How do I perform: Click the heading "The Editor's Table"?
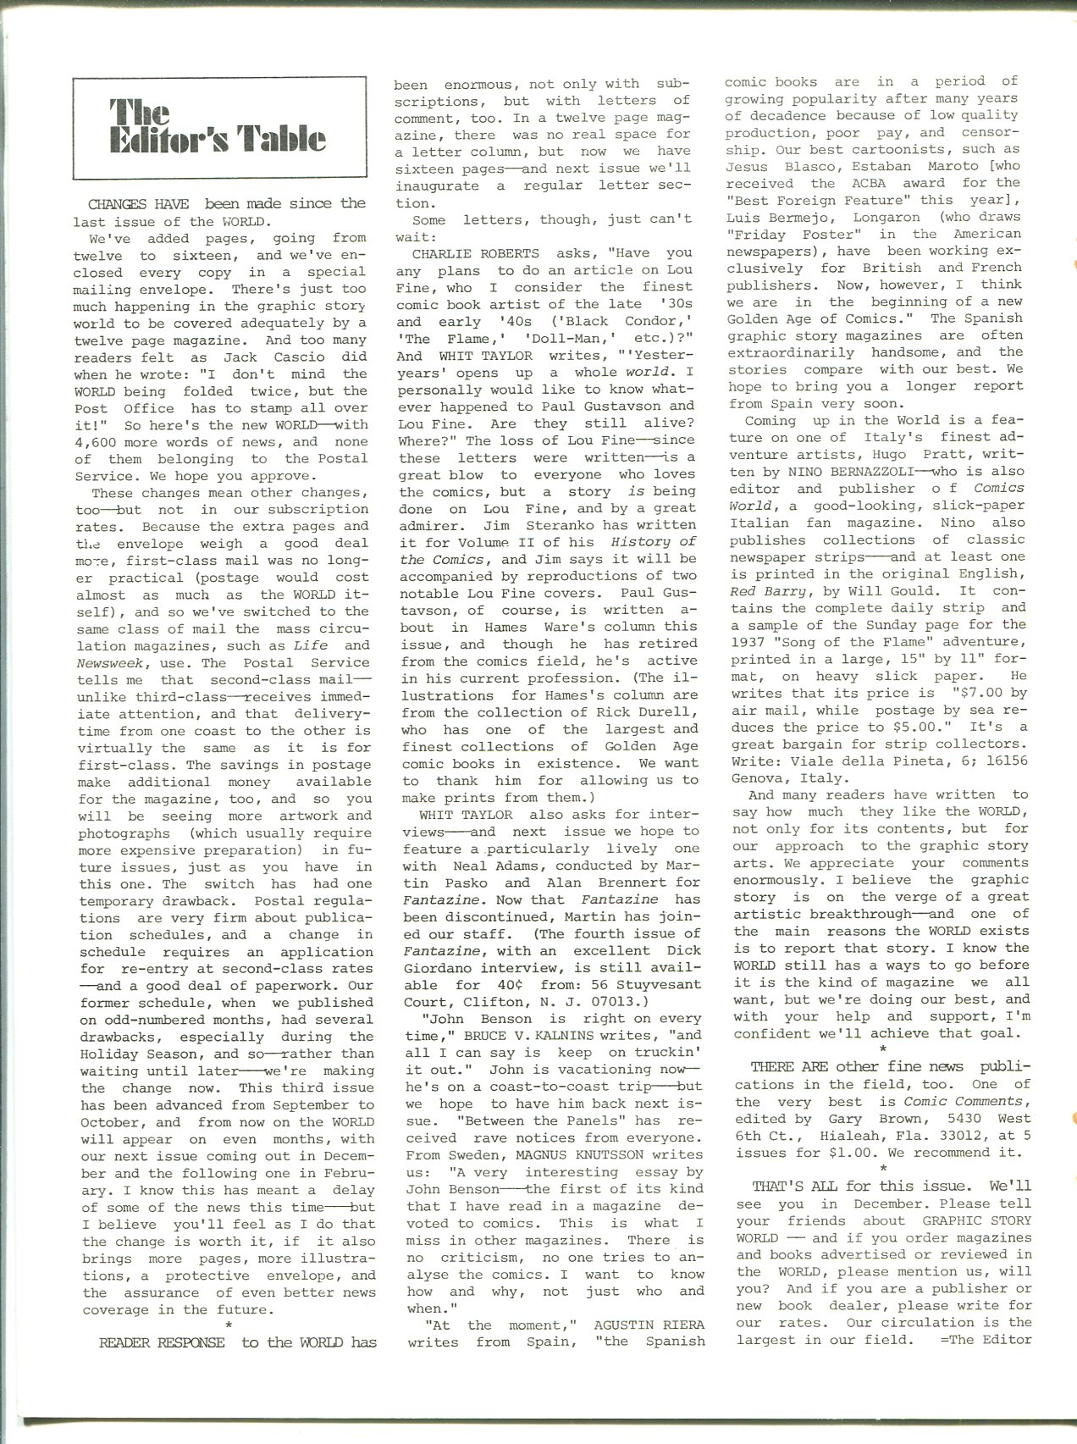[218, 126]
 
